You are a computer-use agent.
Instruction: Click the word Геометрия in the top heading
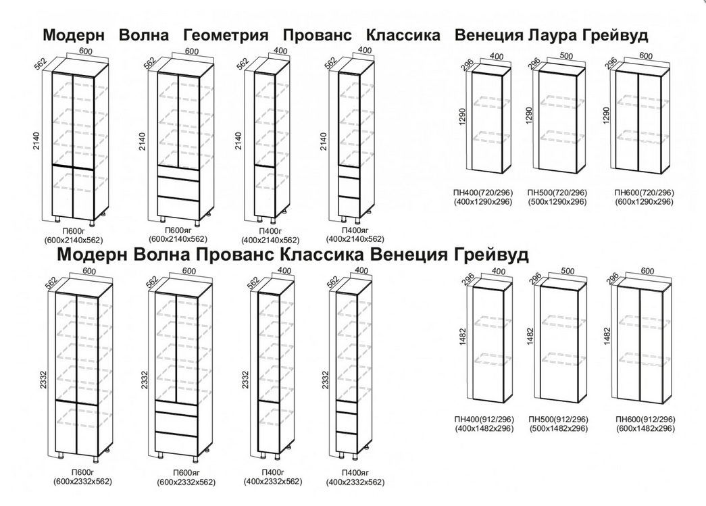tap(226, 35)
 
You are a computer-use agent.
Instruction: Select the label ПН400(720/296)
tap(483, 193)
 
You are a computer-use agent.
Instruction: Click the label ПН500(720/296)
tap(558, 193)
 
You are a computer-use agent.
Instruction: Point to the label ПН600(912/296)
tap(645, 420)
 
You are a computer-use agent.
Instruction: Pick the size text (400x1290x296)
tap(483, 202)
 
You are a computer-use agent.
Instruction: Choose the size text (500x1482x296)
tap(558, 429)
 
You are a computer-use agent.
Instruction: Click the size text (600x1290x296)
tap(645, 202)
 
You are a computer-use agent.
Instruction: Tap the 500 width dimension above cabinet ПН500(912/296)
tap(567, 272)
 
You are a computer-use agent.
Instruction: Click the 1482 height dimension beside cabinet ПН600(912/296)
tap(606, 336)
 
